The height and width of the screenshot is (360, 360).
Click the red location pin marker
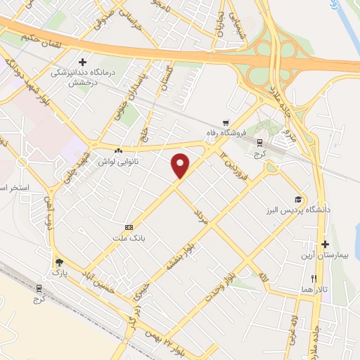click(181, 165)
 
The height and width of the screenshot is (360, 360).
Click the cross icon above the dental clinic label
click(83, 63)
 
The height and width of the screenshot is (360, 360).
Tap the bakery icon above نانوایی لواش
click(119, 150)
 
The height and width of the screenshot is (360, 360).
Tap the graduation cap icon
click(298, 199)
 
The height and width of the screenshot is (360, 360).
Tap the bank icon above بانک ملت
click(129, 228)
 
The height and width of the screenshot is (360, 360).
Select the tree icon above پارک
click(58, 260)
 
